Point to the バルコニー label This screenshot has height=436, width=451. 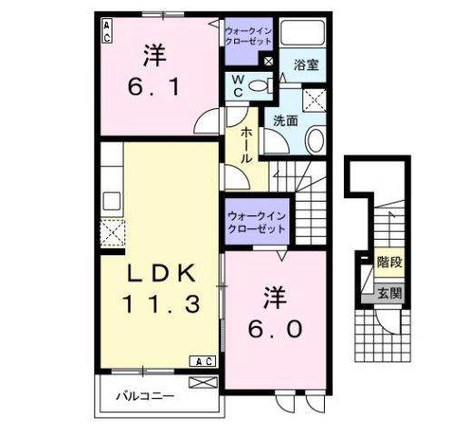pos(144,396)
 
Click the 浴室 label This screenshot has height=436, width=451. pos(304,66)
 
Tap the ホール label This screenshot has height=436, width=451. pos(245,144)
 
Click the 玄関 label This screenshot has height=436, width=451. pos(389,292)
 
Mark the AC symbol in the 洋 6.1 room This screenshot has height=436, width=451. pos(107,33)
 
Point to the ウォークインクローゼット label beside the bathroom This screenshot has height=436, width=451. pos(247,36)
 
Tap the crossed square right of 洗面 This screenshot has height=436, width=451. pos(316,98)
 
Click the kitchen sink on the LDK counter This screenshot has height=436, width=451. pos(112,200)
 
